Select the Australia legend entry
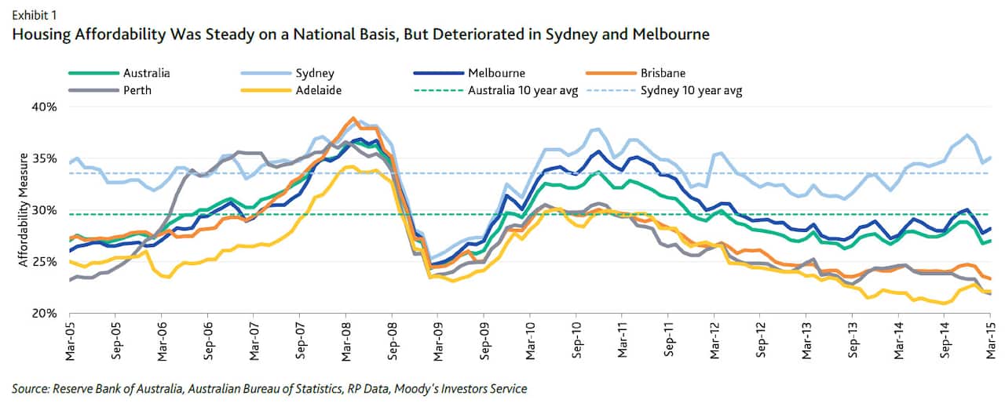tap(147, 73)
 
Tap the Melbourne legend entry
tap(496, 73)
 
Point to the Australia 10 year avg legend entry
tap(522, 89)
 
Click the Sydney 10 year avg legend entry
tap(691, 89)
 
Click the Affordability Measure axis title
tap(23, 210)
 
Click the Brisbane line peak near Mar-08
tap(352, 118)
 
